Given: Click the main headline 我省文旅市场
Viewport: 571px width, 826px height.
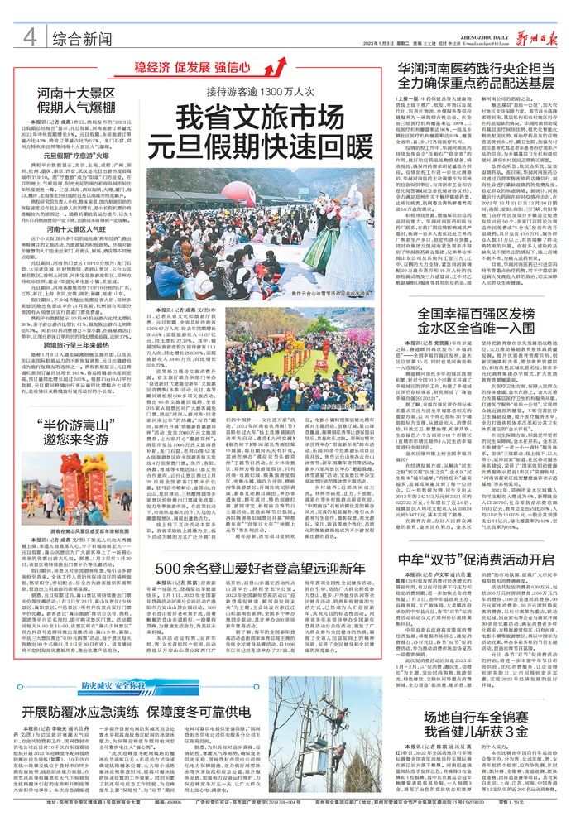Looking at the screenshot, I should click(x=262, y=115).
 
